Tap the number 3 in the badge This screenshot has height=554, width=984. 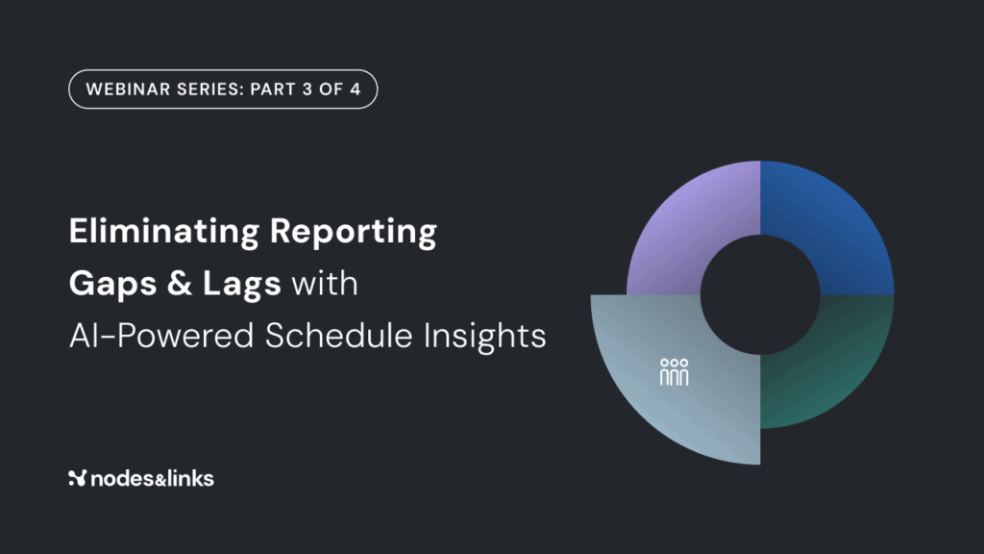pos(307,89)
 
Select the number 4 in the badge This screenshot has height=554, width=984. pos(356,89)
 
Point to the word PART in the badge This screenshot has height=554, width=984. pos(272,89)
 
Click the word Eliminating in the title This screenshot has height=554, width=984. pos(163,231)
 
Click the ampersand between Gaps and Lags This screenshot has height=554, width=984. pos(180,284)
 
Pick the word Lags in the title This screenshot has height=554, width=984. pos(241,285)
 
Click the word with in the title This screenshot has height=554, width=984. pos(325,284)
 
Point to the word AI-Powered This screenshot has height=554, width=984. pos(161,336)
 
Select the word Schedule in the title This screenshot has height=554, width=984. pos(338,336)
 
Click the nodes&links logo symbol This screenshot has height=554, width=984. pos(77,478)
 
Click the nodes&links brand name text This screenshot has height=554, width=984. pos(153,479)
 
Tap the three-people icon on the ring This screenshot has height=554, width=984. pos(674,372)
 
